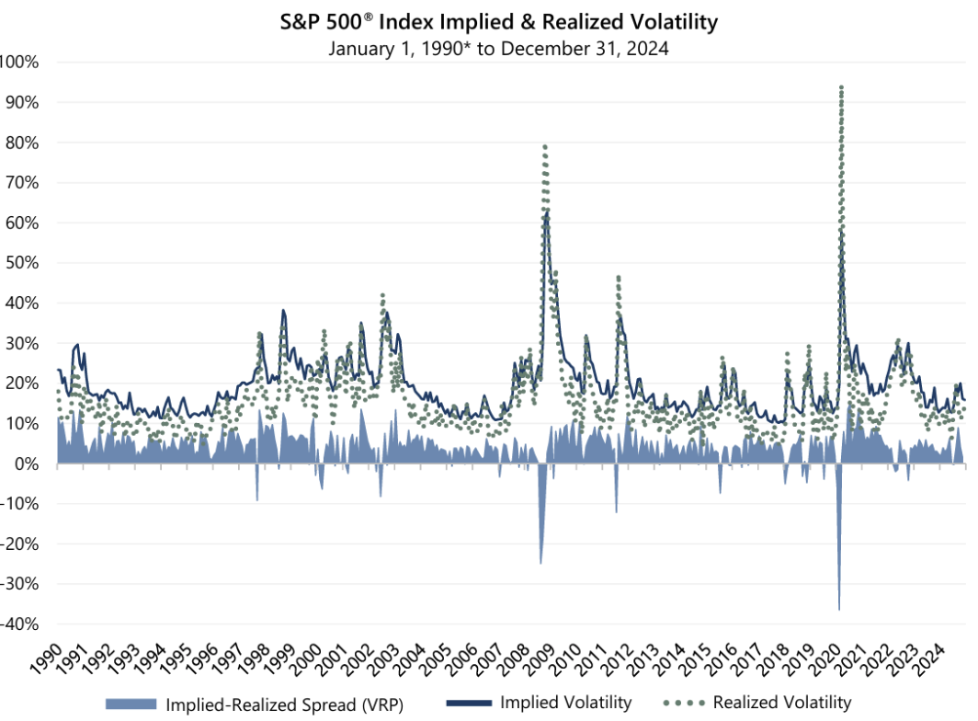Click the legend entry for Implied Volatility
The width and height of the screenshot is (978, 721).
click(x=565, y=703)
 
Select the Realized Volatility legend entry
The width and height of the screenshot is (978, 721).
click(x=781, y=703)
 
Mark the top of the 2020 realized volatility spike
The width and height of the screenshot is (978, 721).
click(x=841, y=87)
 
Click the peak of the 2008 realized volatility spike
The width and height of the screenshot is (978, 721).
click(x=545, y=146)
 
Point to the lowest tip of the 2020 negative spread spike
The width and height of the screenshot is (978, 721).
click(x=839, y=609)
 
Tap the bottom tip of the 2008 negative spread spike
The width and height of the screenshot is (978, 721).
click(x=540, y=563)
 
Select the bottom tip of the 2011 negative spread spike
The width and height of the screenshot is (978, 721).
click(x=616, y=512)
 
